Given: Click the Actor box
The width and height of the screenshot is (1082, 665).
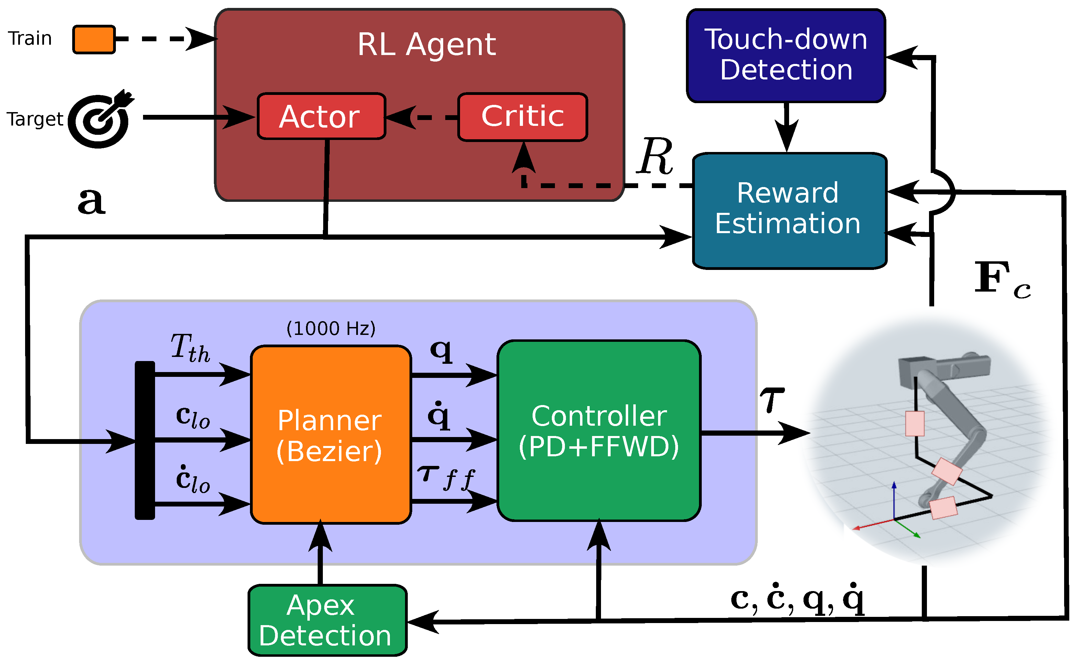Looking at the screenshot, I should coord(321,117).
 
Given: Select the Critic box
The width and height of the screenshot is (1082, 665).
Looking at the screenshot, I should coord(522,117).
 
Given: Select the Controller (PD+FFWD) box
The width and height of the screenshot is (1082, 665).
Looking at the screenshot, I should coord(599,431).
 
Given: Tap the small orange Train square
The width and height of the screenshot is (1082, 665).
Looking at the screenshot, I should coord(94,40).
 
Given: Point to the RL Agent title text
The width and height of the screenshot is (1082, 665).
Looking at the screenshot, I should coord(426,44).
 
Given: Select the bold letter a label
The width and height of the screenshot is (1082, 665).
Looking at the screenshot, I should coord(91,201).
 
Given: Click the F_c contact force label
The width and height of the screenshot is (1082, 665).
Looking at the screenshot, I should coord(1002,279).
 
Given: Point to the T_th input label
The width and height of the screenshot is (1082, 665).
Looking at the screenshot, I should coord(190,348).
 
